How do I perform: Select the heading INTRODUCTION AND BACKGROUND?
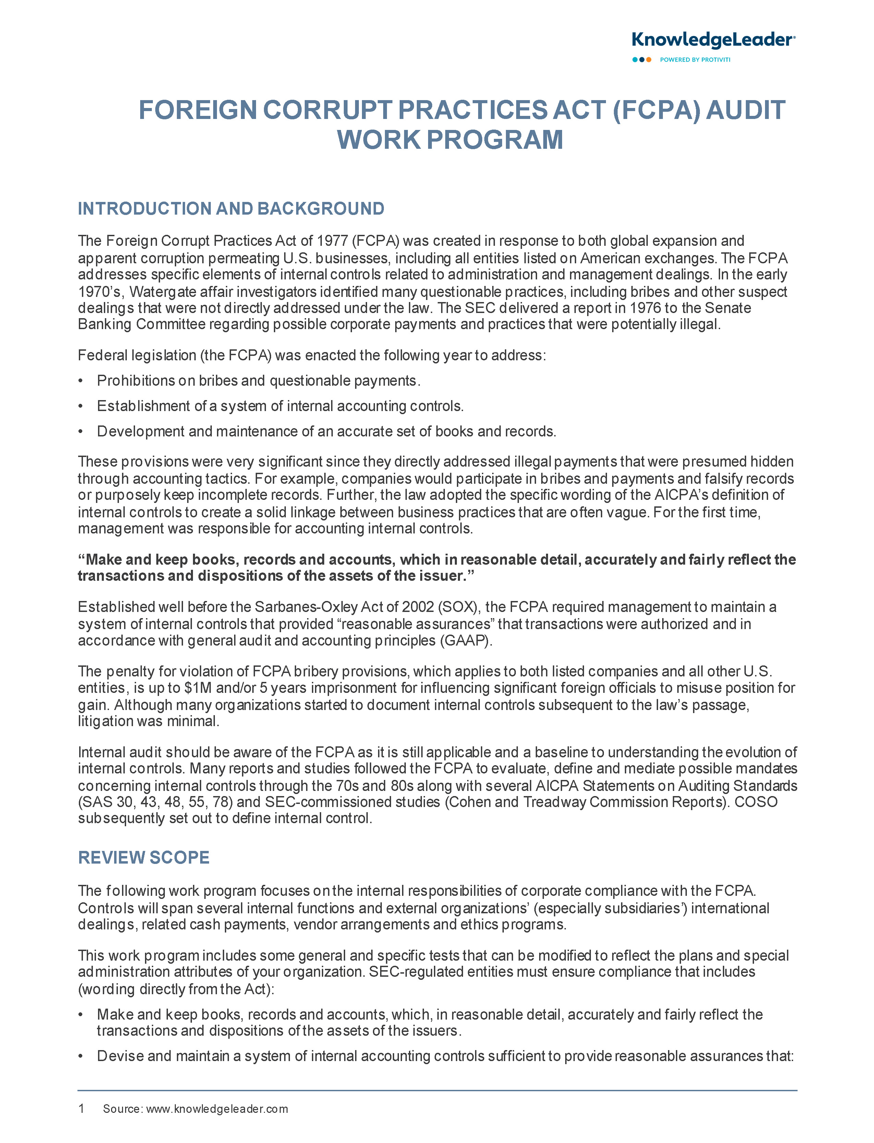click(231, 209)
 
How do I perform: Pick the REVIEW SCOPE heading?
click(144, 857)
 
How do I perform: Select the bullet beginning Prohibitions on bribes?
click(258, 381)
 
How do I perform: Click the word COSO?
click(755, 802)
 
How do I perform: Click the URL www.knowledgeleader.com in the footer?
click(217, 1109)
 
